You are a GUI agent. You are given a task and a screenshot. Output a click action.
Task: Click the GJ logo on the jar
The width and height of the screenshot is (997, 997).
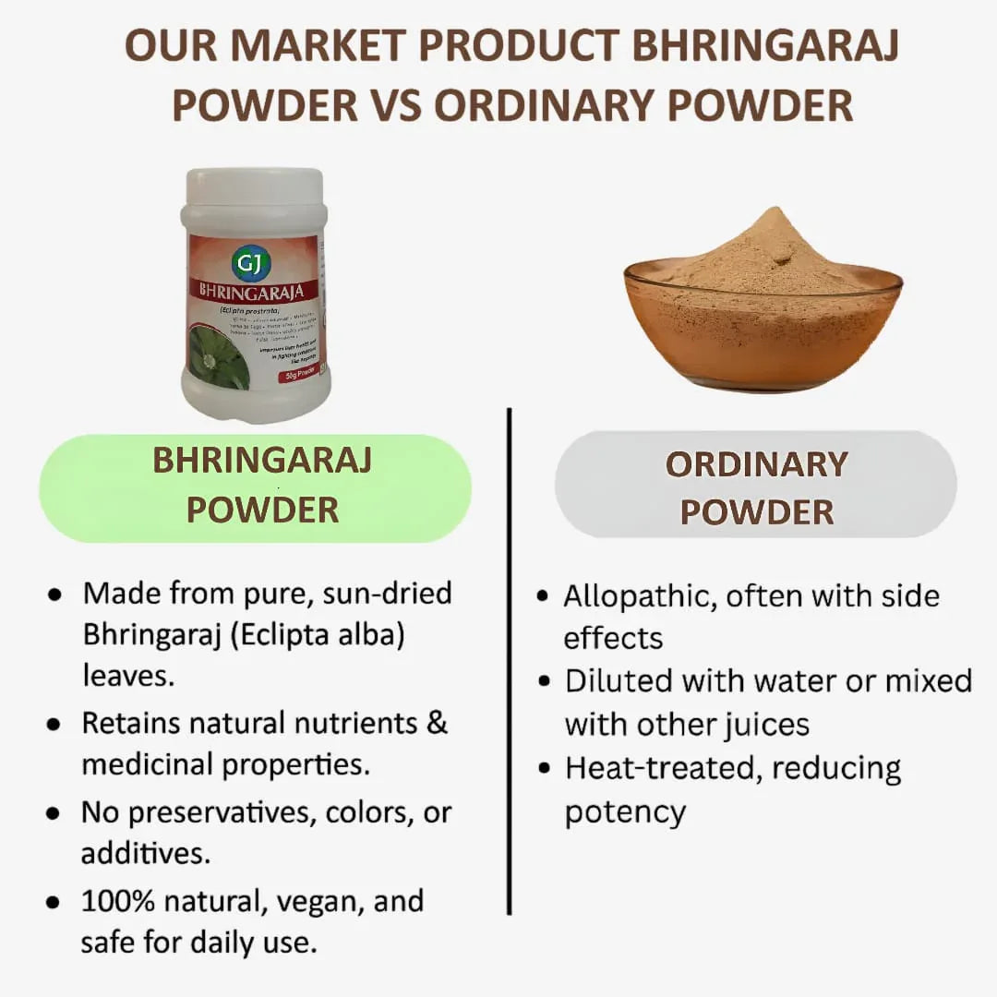tap(251, 263)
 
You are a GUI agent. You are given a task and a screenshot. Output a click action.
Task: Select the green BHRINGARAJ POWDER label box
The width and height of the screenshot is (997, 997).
tap(255, 486)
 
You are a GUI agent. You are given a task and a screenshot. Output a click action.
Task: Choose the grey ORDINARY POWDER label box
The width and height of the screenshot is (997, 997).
tap(756, 486)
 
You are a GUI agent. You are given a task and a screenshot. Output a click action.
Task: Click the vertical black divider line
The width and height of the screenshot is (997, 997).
tap(509, 660)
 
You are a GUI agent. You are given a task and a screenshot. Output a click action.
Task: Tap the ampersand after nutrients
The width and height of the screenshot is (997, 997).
tap(437, 722)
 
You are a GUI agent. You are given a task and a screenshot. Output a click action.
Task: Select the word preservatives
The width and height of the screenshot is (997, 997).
tap(220, 811)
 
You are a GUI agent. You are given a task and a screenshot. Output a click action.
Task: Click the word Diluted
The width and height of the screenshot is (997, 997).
tap(619, 681)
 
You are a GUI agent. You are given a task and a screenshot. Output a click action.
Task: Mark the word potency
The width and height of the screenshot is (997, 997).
tap(625, 811)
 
